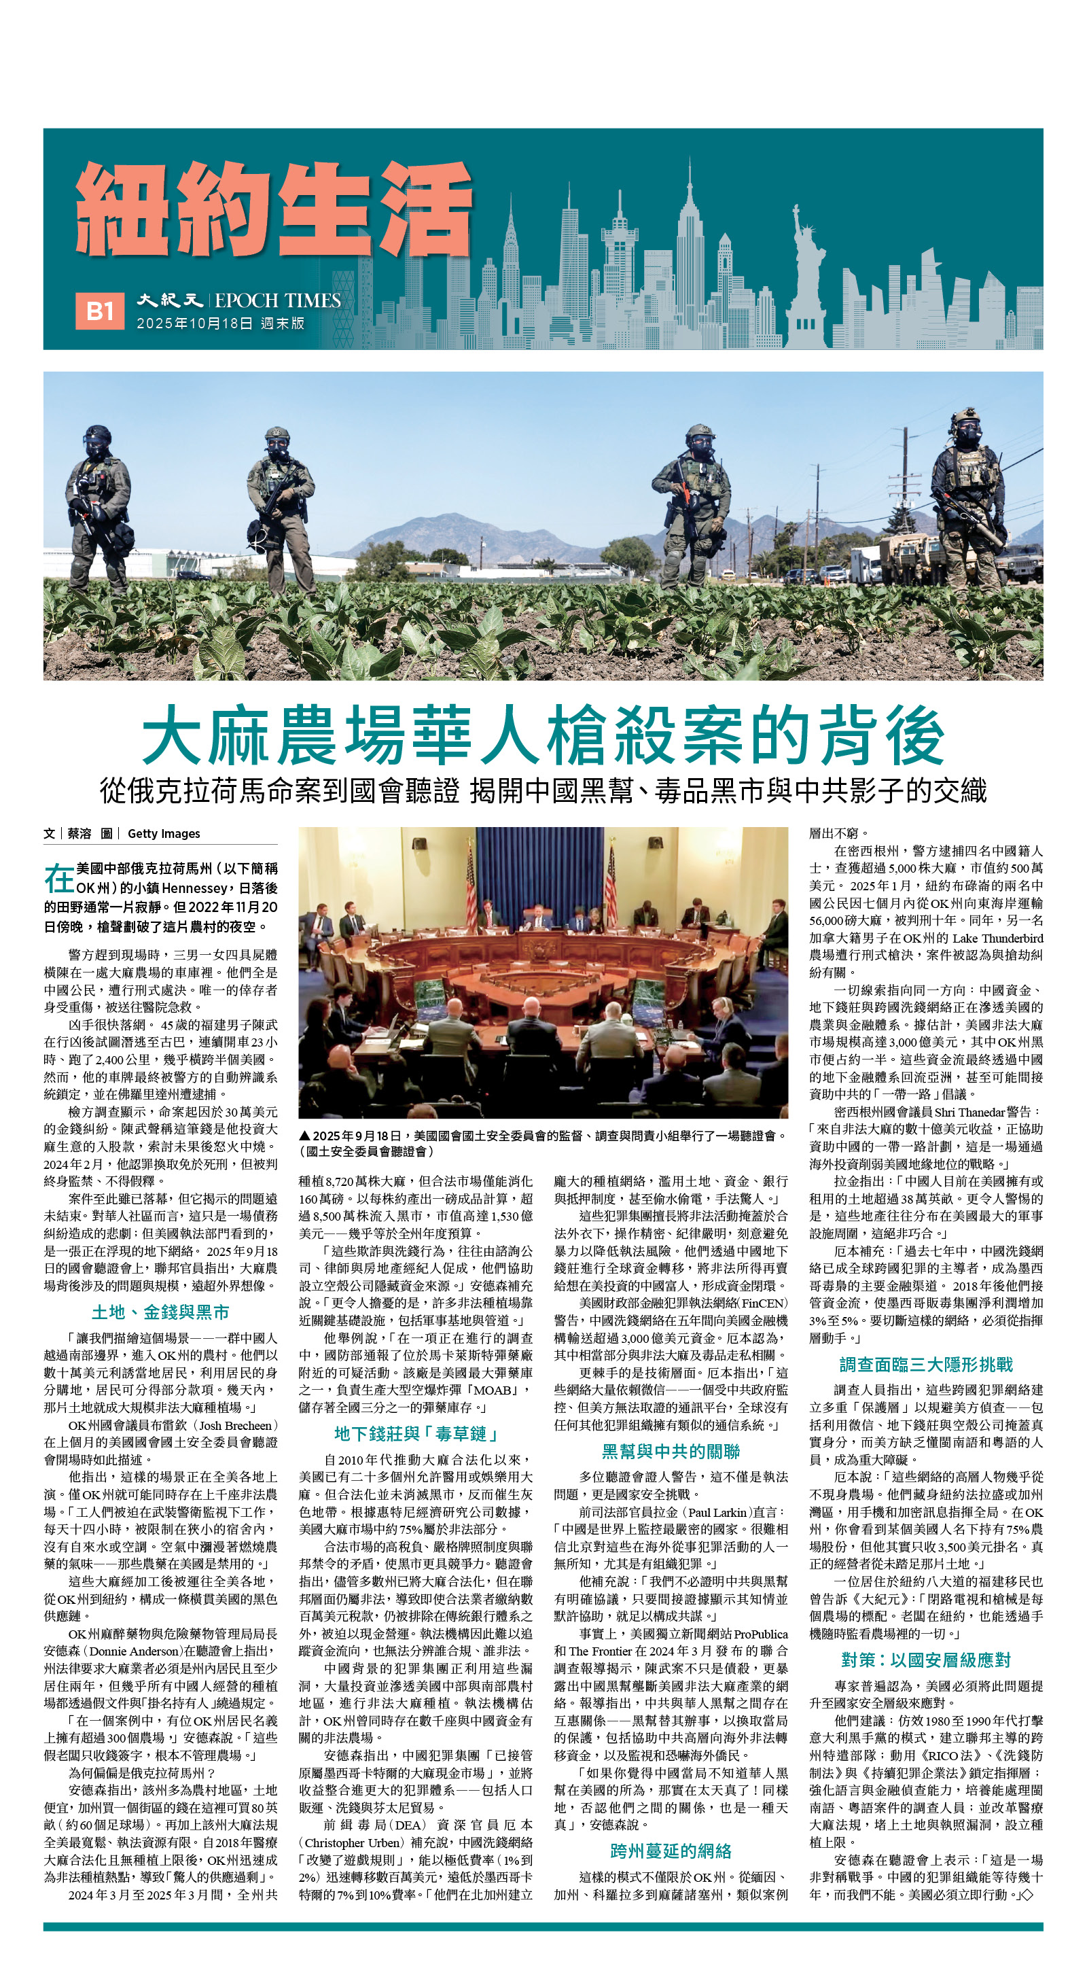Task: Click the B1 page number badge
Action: click(100, 311)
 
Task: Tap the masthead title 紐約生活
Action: click(272, 209)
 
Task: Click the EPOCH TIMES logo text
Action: click(277, 300)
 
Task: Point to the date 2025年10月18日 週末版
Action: click(221, 323)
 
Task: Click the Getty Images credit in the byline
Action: click(164, 834)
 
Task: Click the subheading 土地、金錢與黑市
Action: click(160, 1312)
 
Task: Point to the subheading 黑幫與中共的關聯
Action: click(671, 1451)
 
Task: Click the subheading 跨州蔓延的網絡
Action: click(671, 1851)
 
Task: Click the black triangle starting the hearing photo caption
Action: click(304, 1136)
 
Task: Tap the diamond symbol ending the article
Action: click(1029, 1895)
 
